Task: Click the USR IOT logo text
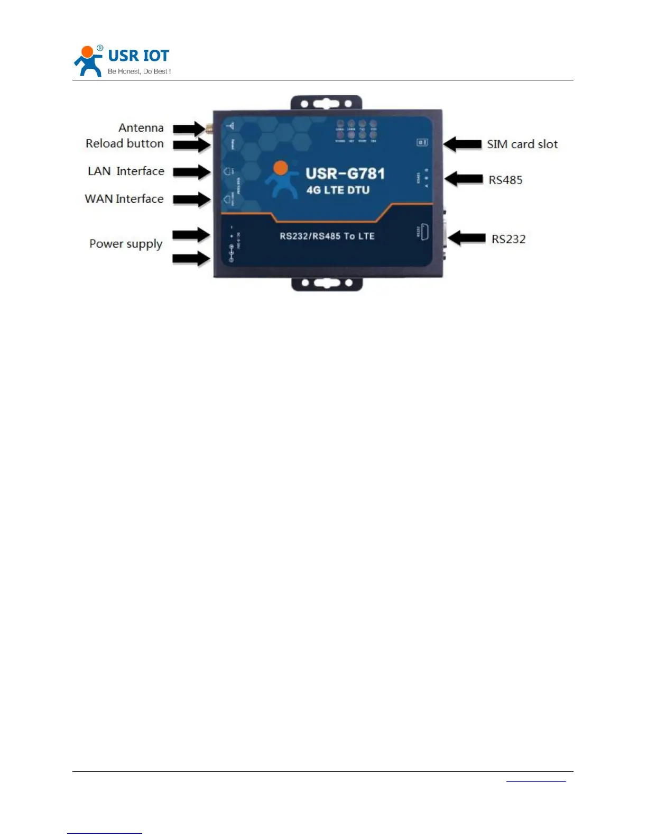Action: pyautogui.click(x=138, y=56)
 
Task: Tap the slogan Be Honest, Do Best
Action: pyautogui.click(x=139, y=71)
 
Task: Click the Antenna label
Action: pyautogui.click(x=141, y=127)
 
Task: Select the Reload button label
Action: pyautogui.click(x=125, y=143)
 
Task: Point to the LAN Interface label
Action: pyautogui.click(x=126, y=171)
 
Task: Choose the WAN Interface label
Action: pyautogui.click(x=124, y=198)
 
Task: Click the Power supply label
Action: pyautogui.click(x=126, y=244)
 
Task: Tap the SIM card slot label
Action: pyautogui.click(x=522, y=144)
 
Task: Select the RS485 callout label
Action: pyautogui.click(x=505, y=180)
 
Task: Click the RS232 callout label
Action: pyautogui.click(x=509, y=239)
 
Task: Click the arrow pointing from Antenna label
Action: pyautogui.click(x=189, y=129)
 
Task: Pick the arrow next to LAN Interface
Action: pyautogui.click(x=191, y=172)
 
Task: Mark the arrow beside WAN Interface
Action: pyautogui.click(x=191, y=199)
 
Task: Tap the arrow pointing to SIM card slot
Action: pyautogui.click(x=463, y=144)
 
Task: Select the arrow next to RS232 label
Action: pyautogui.click(x=467, y=238)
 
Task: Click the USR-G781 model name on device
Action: pyautogui.click(x=345, y=174)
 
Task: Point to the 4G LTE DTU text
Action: pyautogui.click(x=338, y=190)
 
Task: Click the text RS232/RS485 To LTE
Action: pyautogui.click(x=327, y=236)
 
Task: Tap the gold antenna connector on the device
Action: pyautogui.click(x=209, y=128)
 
